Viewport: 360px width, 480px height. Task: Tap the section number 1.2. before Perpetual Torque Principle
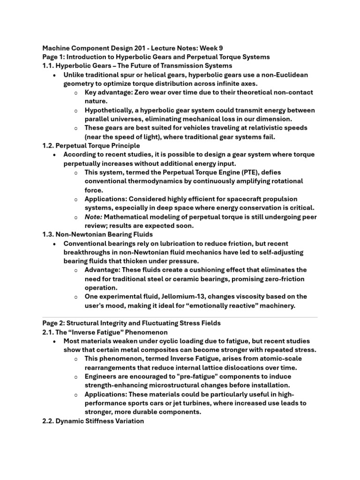click(49, 146)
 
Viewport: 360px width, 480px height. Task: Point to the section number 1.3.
click(49, 234)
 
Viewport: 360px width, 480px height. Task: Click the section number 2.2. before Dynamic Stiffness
click(49, 421)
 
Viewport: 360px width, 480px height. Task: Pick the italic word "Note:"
click(93, 217)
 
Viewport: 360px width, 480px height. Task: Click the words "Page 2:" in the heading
click(53, 323)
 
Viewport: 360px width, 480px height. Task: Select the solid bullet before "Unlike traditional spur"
click(55, 75)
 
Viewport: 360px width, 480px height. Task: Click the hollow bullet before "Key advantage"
click(76, 93)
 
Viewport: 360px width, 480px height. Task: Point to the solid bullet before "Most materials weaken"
click(55, 341)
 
